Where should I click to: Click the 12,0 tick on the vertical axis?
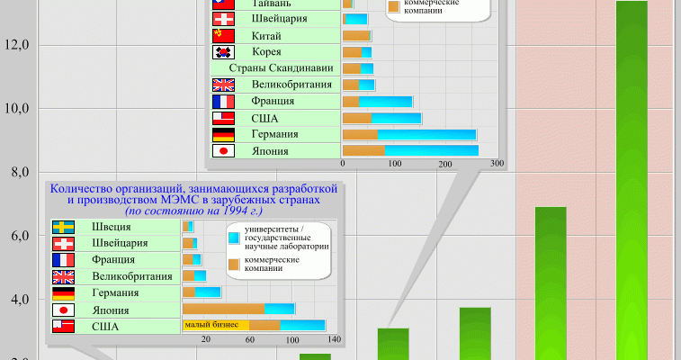(18, 44)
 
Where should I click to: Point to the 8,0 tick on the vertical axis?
(18, 172)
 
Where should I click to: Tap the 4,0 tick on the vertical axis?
(18, 300)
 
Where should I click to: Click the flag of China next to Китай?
(223, 36)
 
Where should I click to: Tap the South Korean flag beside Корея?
(223, 52)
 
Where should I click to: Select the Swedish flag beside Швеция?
(63, 227)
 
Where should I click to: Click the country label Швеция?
(109, 227)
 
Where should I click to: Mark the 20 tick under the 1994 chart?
(206, 339)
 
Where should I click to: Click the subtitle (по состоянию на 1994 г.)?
(194, 210)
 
